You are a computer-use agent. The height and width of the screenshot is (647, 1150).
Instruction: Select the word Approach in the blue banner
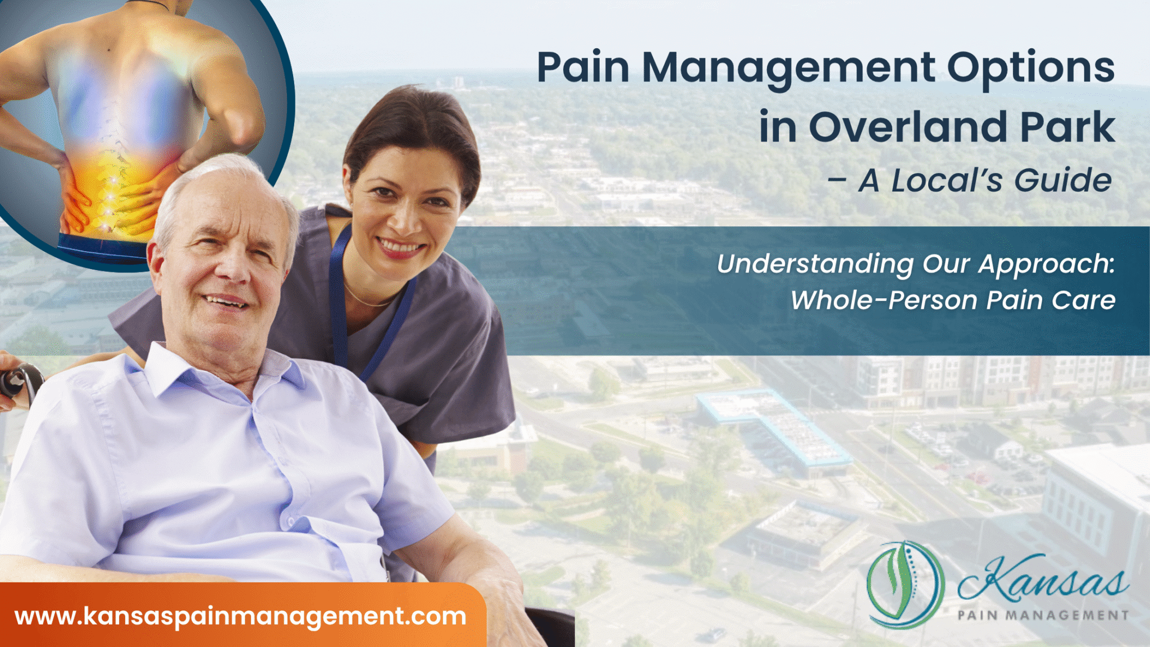click(x=1046, y=264)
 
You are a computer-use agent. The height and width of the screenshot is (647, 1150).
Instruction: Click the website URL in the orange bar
click(x=240, y=616)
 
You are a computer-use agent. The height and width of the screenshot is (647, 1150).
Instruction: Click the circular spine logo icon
click(x=905, y=584)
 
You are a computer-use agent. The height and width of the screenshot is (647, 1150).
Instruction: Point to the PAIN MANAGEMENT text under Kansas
click(x=1043, y=616)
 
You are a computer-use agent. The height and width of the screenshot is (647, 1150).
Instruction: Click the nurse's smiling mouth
click(x=400, y=246)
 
